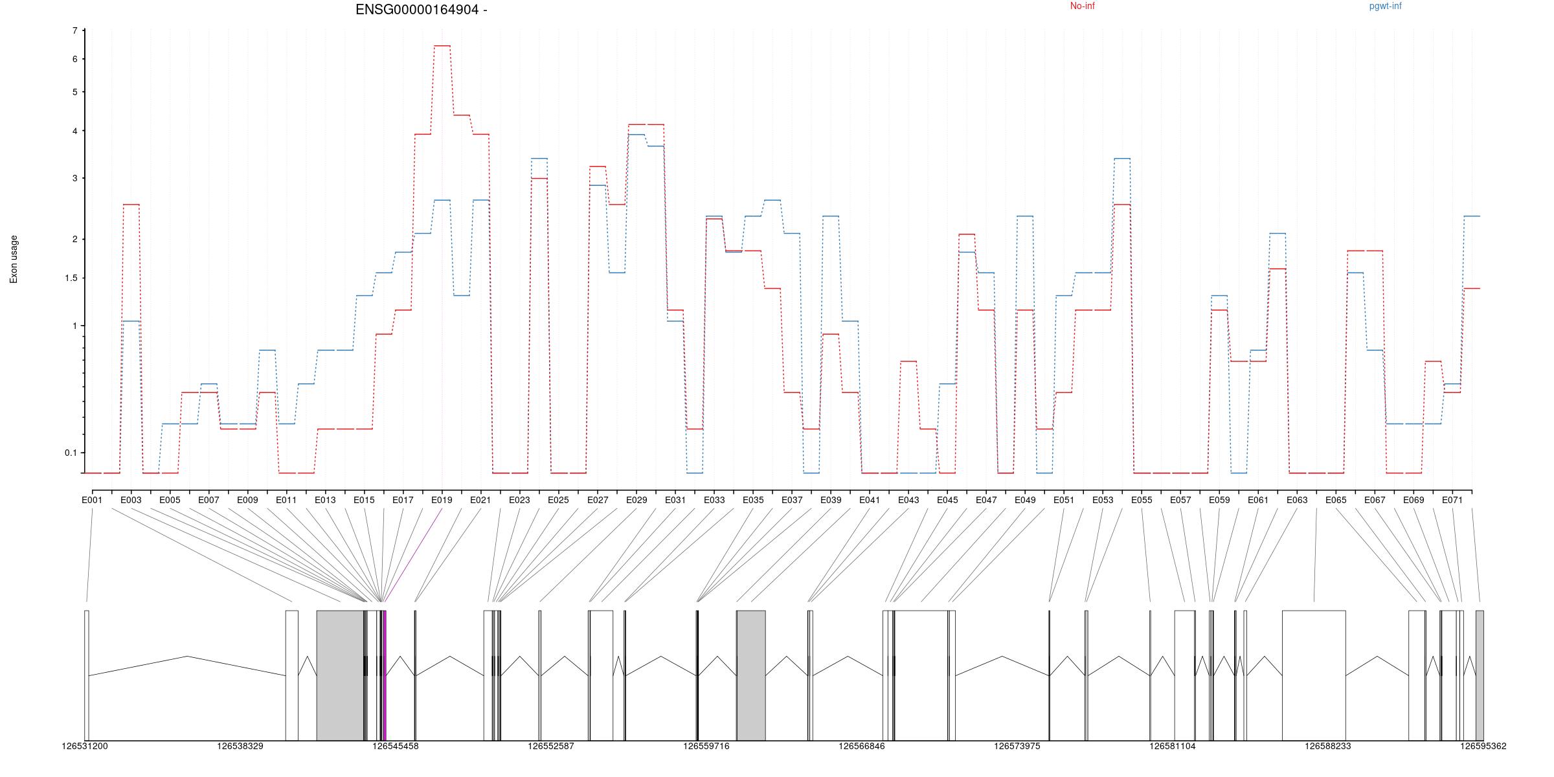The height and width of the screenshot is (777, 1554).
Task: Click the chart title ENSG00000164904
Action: [x=421, y=10]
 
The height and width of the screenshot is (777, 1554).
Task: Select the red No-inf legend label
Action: [x=1082, y=6]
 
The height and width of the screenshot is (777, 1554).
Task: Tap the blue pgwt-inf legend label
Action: [x=1385, y=6]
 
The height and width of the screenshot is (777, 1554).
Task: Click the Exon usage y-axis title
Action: [x=14, y=259]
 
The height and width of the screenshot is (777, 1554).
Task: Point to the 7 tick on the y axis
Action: [x=75, y=31]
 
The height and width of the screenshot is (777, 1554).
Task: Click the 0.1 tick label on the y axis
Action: [x=71, y=453]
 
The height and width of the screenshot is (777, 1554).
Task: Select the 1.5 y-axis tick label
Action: [x=70, y=278]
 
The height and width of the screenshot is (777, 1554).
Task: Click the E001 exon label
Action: [x=92, y=500]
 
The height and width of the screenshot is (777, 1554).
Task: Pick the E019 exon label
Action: [x=442, y=500]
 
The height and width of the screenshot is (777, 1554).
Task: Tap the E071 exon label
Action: [x=1452, y=500]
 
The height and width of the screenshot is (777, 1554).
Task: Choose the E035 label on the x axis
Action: [x=752, y=500]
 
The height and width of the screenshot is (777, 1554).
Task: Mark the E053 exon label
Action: [x=1102, y=500]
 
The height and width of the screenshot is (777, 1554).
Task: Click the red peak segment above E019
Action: [x=442, y=46]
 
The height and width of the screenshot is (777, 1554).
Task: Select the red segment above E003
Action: [x=131, y=205]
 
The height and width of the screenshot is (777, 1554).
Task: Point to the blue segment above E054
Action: [x=1121, y=159]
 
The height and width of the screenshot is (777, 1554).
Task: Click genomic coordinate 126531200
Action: [x=85, y=746]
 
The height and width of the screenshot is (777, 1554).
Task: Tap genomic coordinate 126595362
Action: [x=1483, y=746]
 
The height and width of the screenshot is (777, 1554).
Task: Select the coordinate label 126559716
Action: [x=706, y=746]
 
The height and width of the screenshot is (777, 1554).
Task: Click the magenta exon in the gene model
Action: [x=385, y=673]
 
